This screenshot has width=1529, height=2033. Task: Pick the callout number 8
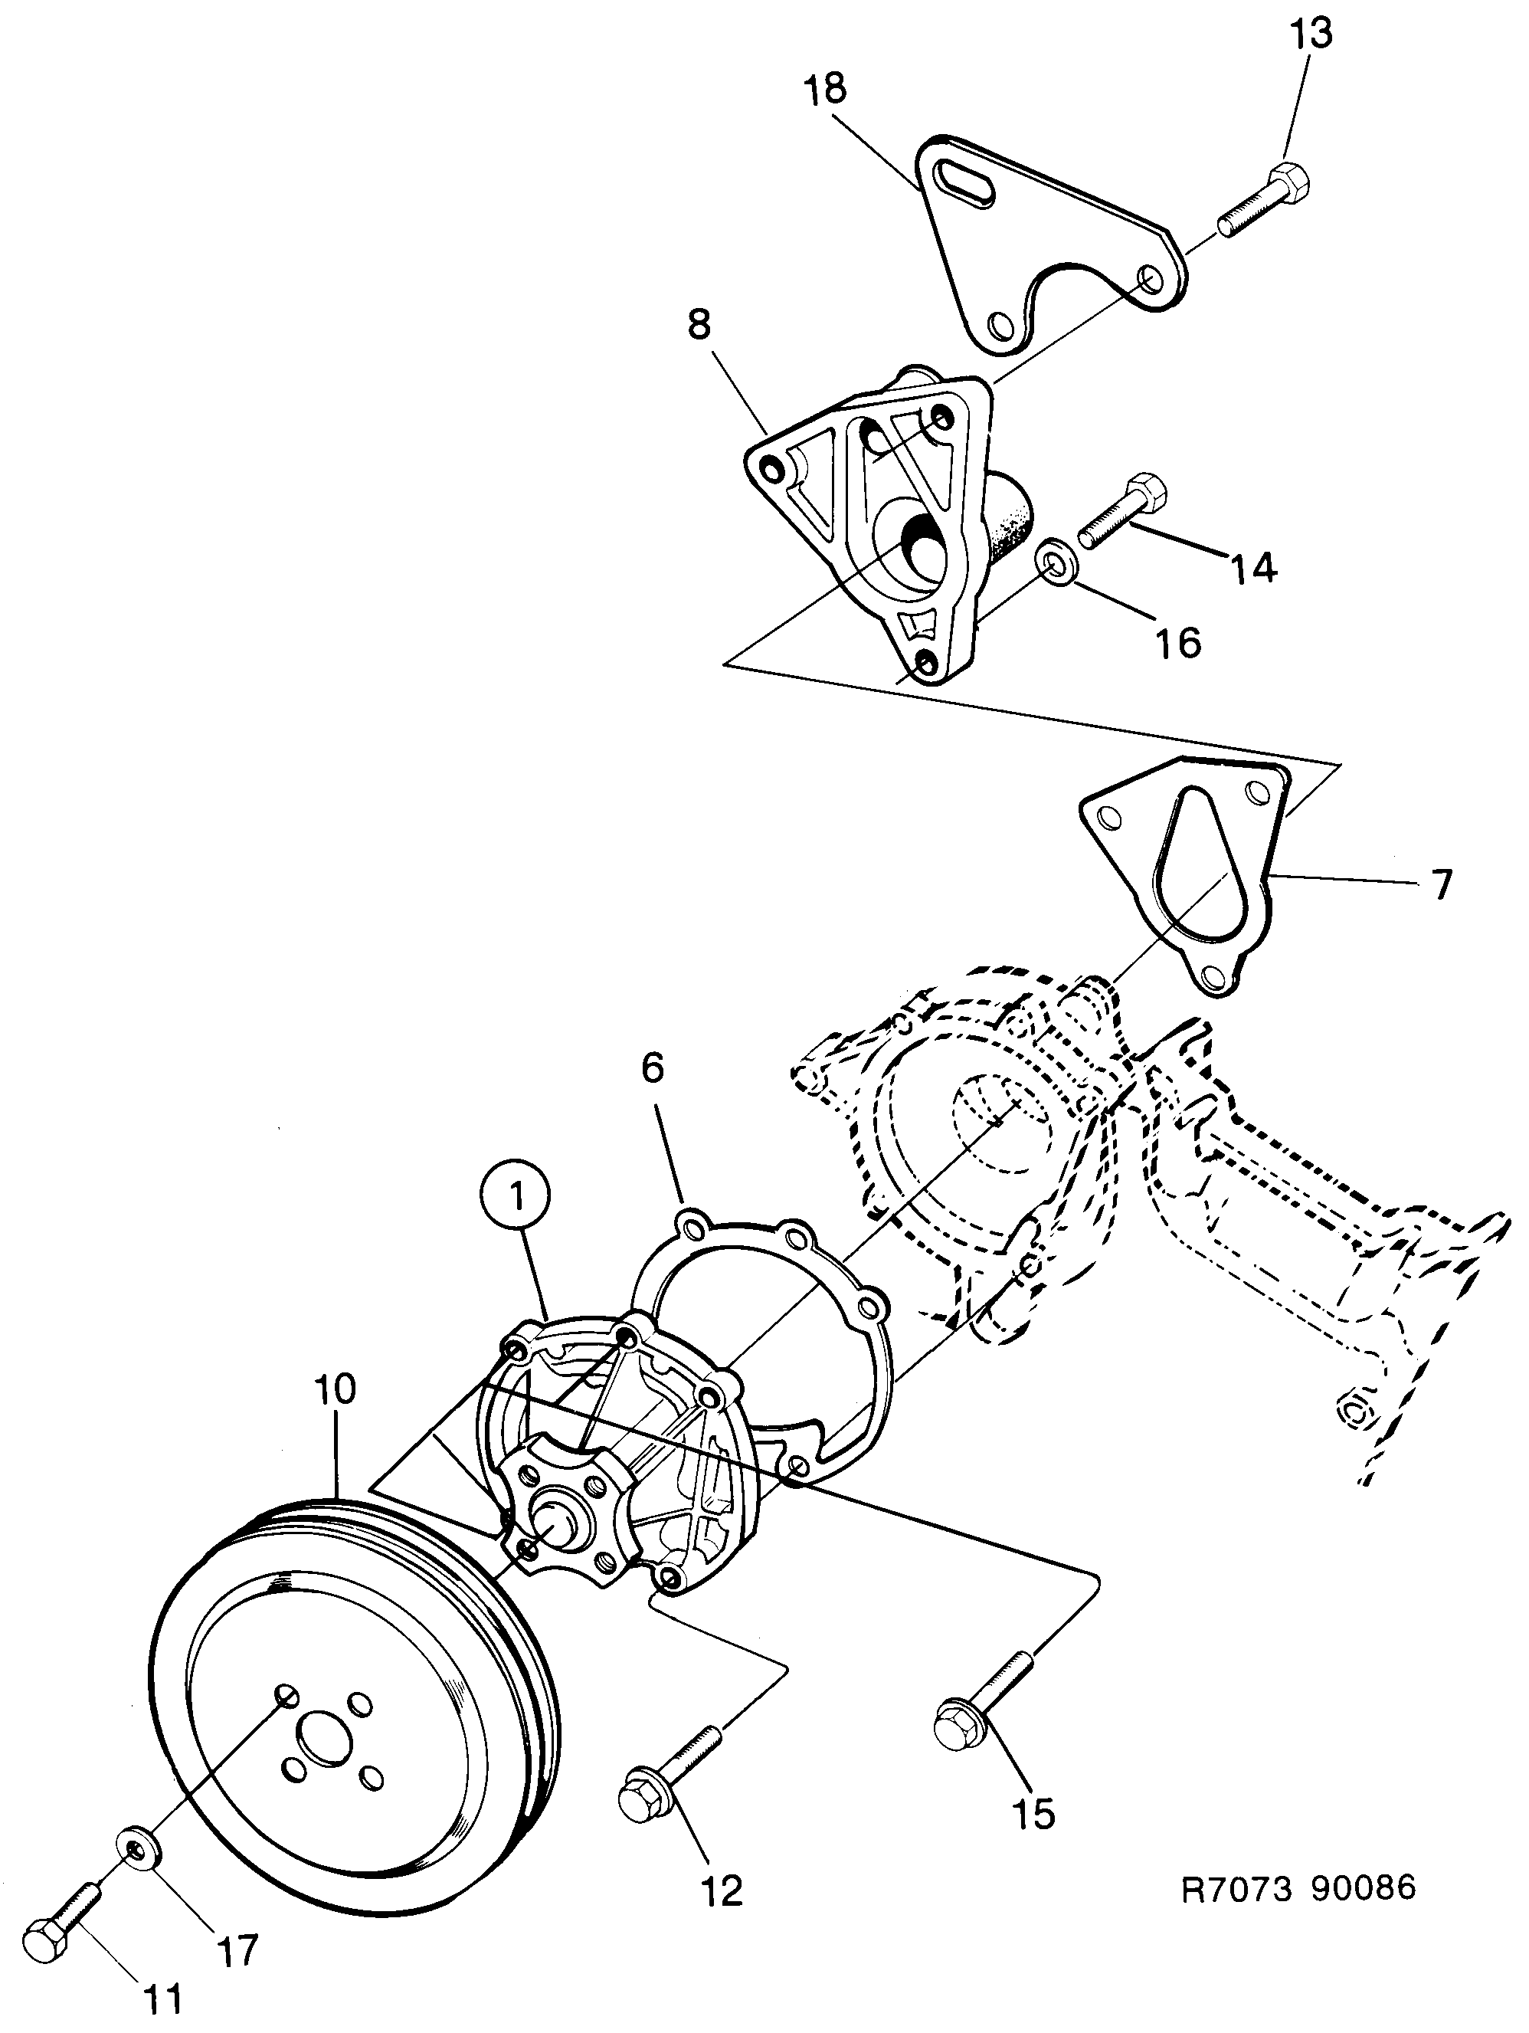pyautogui.click(x=699, y=324)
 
